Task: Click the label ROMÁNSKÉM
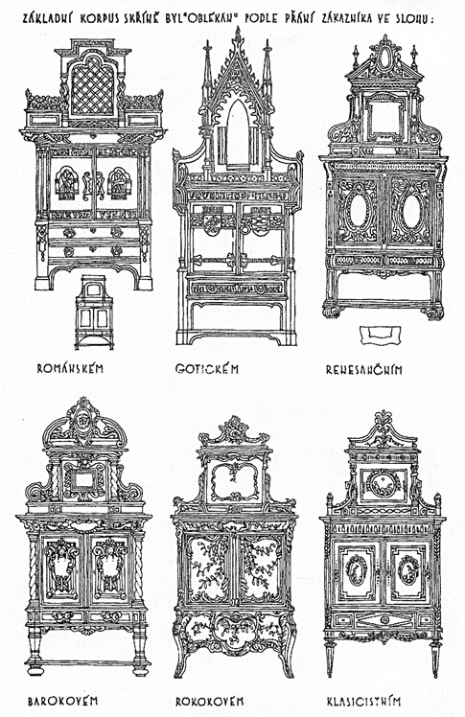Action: click(x=70, y=368)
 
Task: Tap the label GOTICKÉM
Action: click(x=207, y=368)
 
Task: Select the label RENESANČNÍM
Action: click(x=364, y=369)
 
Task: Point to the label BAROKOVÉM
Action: click(x=62, y=701)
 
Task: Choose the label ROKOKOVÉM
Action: click(x=209, y=701)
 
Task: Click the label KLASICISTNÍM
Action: click(x=364, y=701)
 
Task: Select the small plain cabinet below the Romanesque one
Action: click(x=94, y=312)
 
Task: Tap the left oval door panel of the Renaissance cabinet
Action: click(x=358, y=210)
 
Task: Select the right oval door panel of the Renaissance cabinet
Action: click(x=411, y=211)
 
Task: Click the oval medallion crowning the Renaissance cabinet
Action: click(x=385, y=58)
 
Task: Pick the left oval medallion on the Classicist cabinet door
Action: click(x=356, y=569)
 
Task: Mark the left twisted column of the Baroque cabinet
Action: click(x=34, y=567)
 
